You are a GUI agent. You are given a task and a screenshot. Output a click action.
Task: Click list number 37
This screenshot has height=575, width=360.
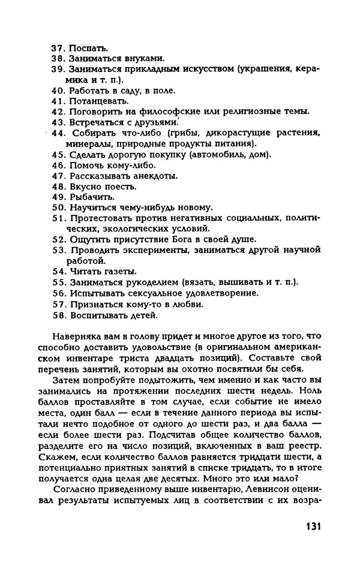coord(58,47)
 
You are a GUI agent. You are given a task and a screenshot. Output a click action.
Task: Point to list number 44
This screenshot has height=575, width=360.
coord(58,133)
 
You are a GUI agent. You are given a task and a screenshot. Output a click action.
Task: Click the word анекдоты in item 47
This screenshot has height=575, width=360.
coord(152,176)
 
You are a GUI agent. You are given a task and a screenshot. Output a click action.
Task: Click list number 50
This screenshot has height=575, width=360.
coord(58,207)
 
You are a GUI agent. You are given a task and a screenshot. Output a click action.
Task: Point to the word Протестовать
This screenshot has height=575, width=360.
coord(102,218)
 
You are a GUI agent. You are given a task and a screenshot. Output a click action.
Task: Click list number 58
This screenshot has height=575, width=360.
coord(58,315)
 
